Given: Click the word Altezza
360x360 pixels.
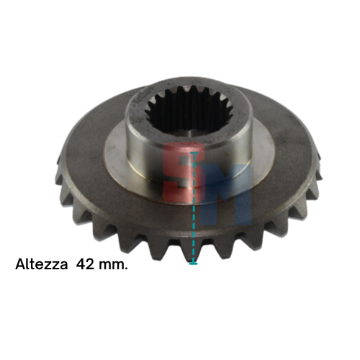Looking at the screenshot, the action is [x=41, y=264].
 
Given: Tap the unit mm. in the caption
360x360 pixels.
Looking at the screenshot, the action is [x=113, y=266].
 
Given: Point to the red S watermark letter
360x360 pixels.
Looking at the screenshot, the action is [x=184, y=171].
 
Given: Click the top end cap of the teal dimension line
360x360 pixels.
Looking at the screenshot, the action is [x=194, y=153].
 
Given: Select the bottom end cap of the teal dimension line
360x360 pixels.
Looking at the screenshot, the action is [x=193, y=264].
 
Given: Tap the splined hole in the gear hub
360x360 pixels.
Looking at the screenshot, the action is [x=189, y=111].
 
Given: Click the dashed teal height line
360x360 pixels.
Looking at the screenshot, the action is [x=194, y=208].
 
